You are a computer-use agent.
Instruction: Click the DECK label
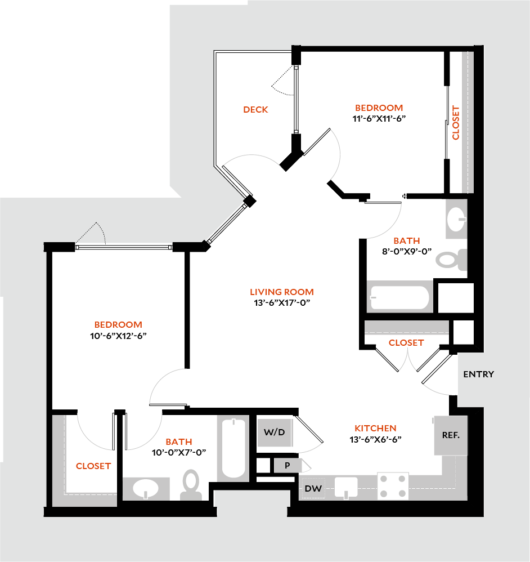[255, 109]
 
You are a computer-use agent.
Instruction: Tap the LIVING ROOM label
[281, 292]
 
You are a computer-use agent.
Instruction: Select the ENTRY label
[478, 374]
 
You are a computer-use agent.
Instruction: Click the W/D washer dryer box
[275, 432]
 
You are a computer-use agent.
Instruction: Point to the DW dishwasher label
[313, 488]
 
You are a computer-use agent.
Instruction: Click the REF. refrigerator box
[451, 435]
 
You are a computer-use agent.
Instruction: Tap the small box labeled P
[287, 465]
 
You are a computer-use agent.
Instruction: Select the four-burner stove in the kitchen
[392, 486]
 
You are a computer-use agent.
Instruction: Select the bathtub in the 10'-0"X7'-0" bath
[233, 448]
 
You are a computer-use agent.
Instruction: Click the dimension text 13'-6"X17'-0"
[281, 302]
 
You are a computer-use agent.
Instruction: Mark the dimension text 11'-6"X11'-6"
[379, 118]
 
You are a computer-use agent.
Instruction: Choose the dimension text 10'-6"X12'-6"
[118, 335]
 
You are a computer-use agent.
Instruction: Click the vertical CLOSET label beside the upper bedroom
[456, 123]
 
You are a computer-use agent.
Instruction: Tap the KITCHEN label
[375, 428]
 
